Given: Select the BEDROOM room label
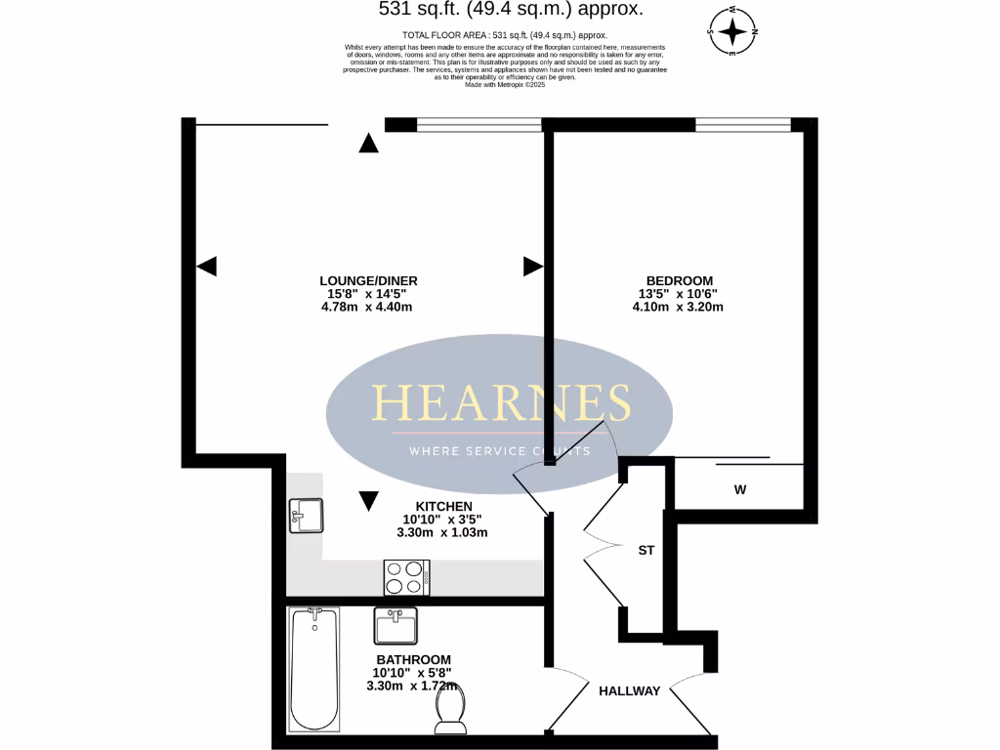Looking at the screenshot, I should coord(677,280).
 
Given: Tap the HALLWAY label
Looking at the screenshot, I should coord(629,691).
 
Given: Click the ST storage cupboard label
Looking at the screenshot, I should coord(646,551).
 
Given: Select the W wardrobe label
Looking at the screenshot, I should coord(739,490).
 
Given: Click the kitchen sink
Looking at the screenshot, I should coord(306,516).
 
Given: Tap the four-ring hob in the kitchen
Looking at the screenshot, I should coord(407,576).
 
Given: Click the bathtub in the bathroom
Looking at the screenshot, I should coord(314,669).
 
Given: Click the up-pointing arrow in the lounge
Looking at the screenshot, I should coord(368,144).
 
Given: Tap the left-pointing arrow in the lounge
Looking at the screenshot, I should coord(206,266).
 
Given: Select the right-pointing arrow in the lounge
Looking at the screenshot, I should coord(532,266).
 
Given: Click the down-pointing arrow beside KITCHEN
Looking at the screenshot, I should coord(368,501).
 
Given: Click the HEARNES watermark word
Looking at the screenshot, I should coord(499,401).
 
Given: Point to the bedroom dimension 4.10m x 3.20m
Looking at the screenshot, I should coord(677,307).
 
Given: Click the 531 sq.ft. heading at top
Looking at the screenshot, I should coord(511,10).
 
